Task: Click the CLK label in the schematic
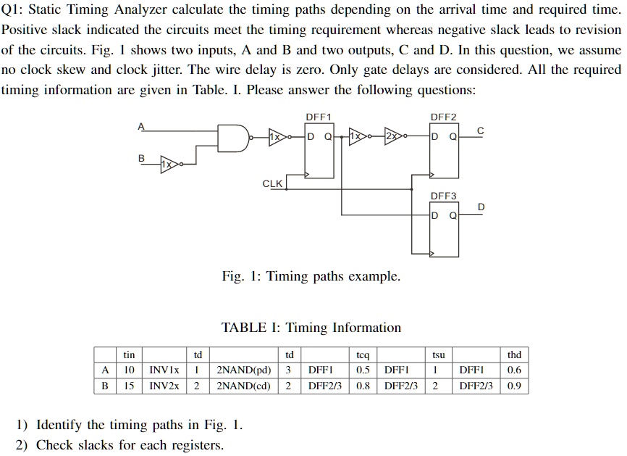[x=272, y=183]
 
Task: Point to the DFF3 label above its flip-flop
[x=443, y=196]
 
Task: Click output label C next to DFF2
[x=480, y=130]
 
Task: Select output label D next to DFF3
[x=481, y=209]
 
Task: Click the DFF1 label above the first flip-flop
[x=319, y=117]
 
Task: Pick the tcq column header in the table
[x=363, y=355]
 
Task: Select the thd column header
[x=514, y=355]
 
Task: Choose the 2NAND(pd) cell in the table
[x=243, y=370]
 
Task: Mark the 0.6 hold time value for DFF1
[x=514, y=370]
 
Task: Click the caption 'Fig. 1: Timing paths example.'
[x=311, y=276]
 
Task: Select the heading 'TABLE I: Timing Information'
[x=311, y=328]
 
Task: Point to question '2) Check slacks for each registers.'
[x=119, y=445]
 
